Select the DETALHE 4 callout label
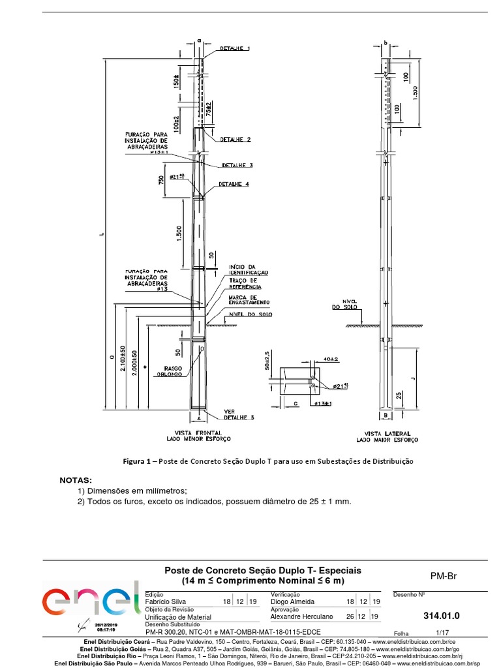[234, 185]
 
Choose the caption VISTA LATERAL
[387, 433]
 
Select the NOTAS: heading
[76, 480]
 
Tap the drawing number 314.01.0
[441, 615]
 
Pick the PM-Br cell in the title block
[442, 576]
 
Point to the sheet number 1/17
[443, 633]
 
